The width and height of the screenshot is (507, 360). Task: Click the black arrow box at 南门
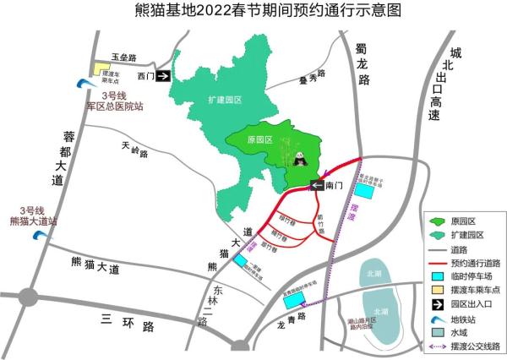(x=316, y=186)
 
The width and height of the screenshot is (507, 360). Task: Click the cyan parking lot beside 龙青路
(x=293, y=301)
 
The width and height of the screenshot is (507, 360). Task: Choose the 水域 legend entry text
(x=467, y=332)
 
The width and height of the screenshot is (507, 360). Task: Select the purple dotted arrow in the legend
(x=440, y=346)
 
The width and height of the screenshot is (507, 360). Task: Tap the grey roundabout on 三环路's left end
(x=28, y=297)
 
